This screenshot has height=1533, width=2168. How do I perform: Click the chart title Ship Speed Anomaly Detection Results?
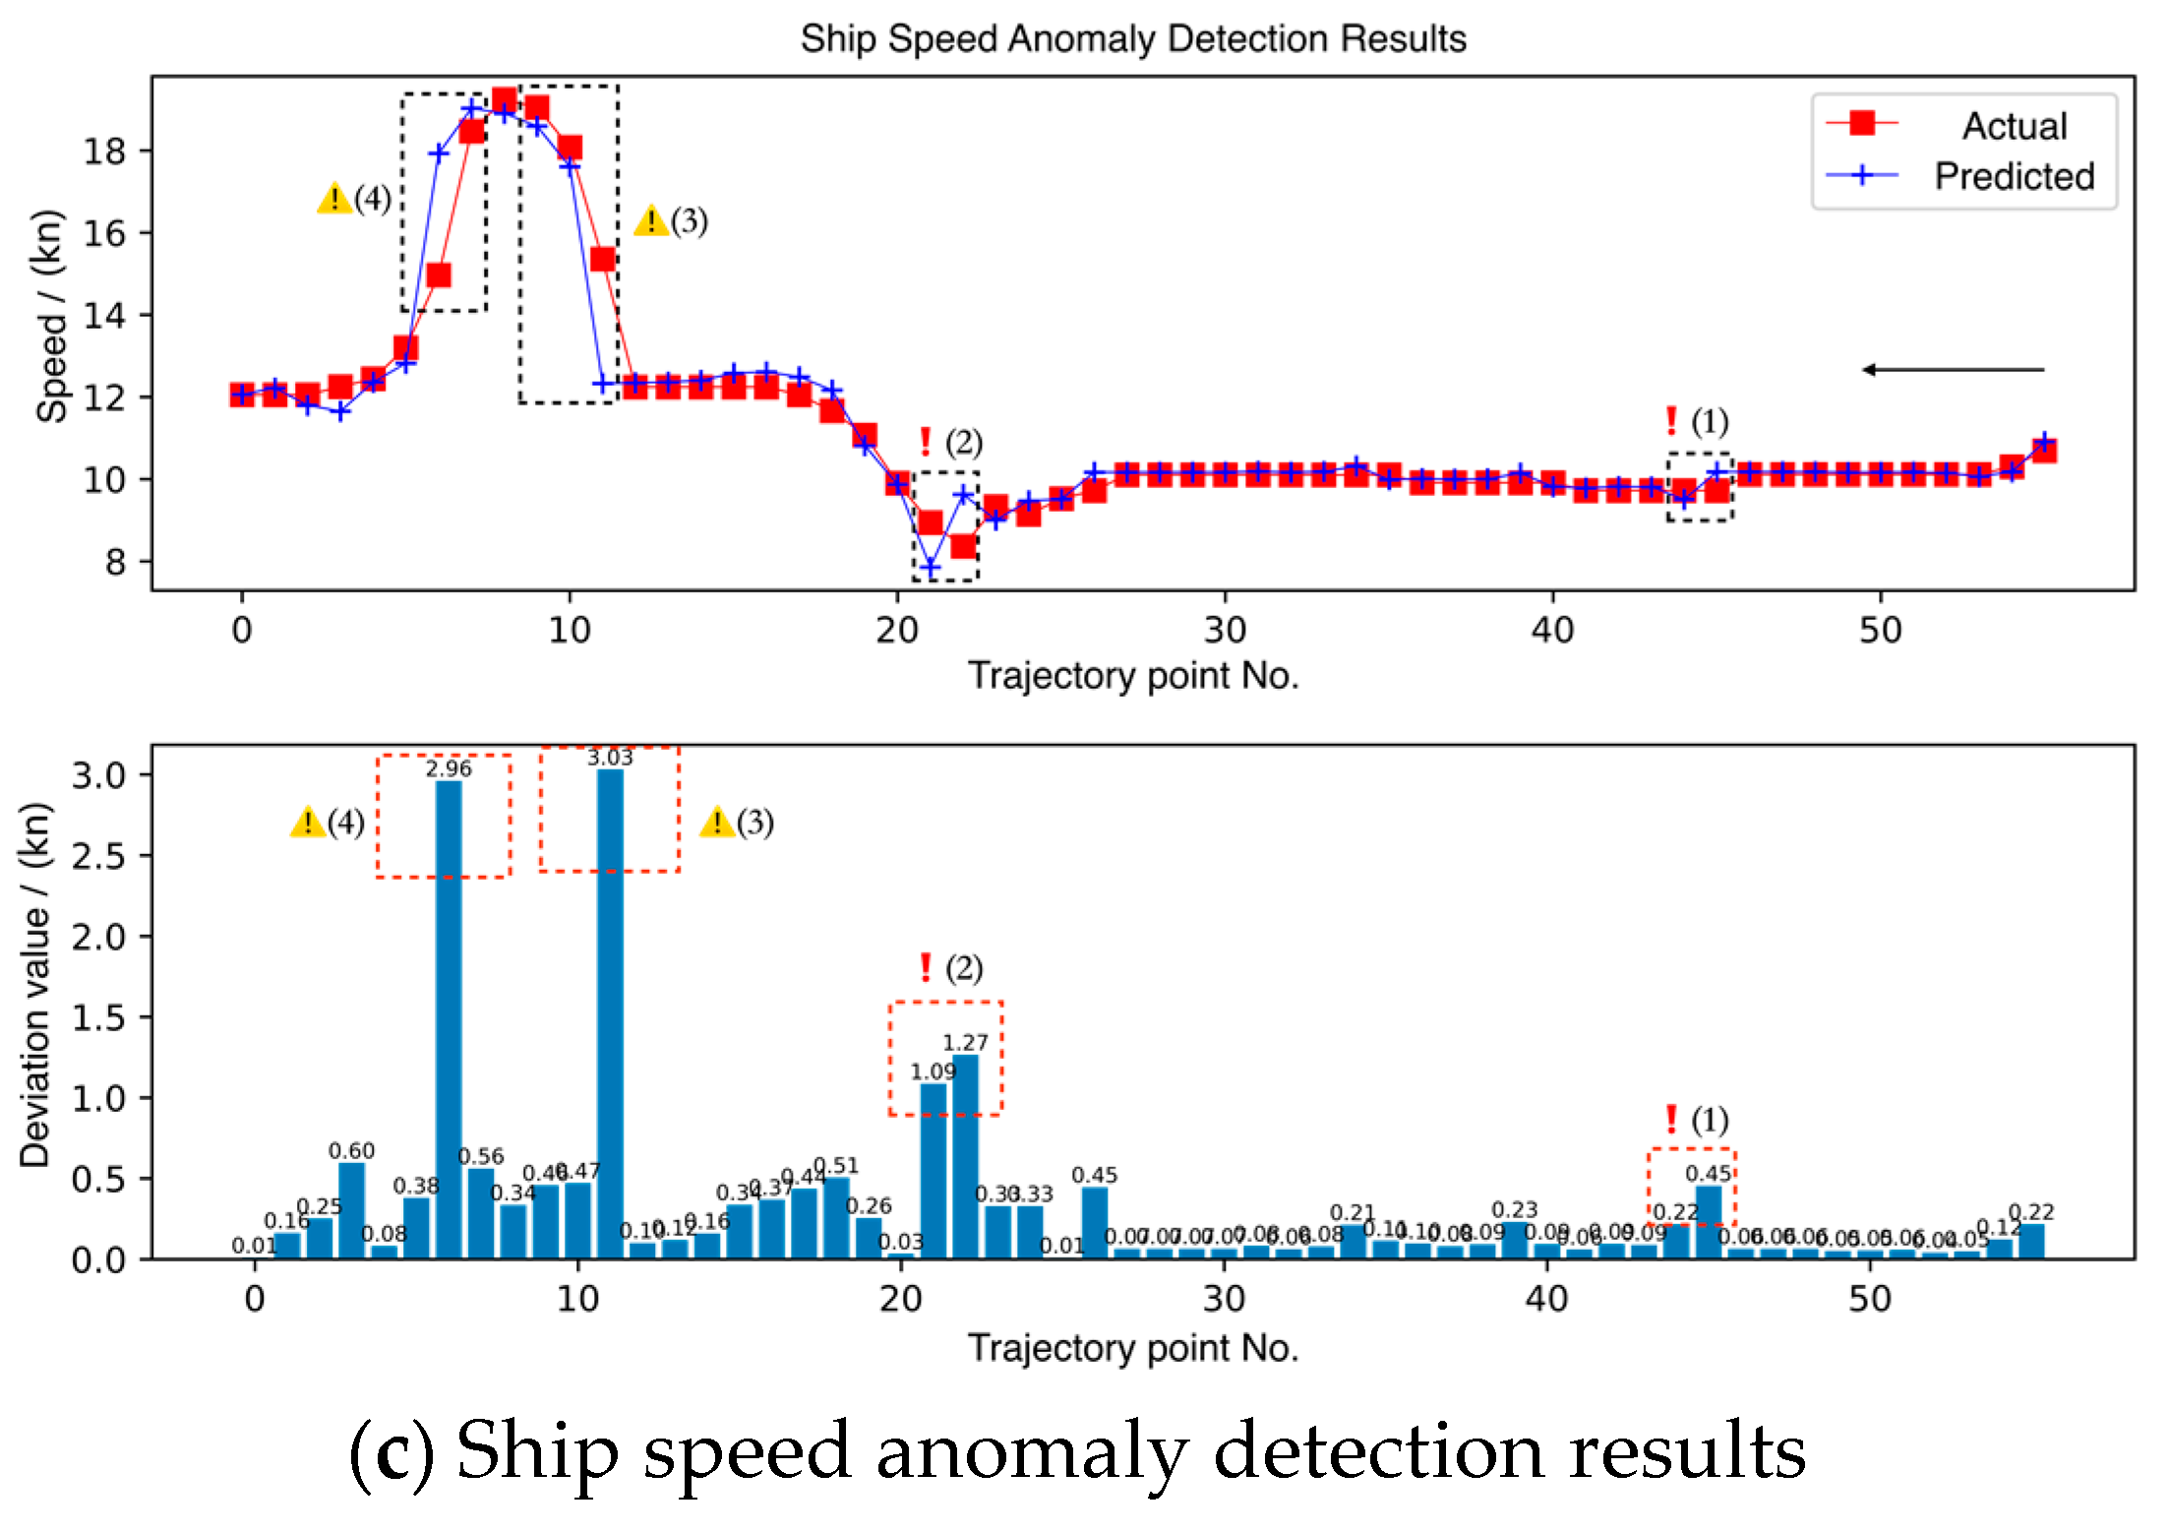coord(1132,39)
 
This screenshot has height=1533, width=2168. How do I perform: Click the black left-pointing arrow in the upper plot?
coord(1953,370)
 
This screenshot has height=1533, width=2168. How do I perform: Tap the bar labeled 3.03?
coord(610,1013)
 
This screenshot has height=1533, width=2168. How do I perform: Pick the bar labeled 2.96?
coord(449,1018)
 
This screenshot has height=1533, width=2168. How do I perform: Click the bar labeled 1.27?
coord(965,1156)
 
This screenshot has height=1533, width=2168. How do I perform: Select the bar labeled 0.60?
coord(351,1210)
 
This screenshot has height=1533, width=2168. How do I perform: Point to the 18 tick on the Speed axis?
coord(104,151)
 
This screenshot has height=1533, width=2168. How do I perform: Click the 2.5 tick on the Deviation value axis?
coord(98,856)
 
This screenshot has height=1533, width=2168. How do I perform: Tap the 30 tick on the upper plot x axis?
coord(1225,630)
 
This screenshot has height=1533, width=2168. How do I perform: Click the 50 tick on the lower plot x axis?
coord(1869,1300)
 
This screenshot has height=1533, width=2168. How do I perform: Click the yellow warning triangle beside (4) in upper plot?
coord(334,199)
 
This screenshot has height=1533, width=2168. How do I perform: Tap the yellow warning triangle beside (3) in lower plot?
coord(716,822)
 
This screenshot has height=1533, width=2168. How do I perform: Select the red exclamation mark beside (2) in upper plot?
coord(925,442)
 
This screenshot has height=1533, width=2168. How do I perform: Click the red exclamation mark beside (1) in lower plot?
coord(1670,1119)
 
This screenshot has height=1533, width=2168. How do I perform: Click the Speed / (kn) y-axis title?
coord(50,316)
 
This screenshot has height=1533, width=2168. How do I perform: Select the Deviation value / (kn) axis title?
coord(35,984)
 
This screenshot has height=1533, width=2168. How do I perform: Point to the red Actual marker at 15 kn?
coord(439,275)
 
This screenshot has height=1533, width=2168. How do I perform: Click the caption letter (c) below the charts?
coord(391,1452)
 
